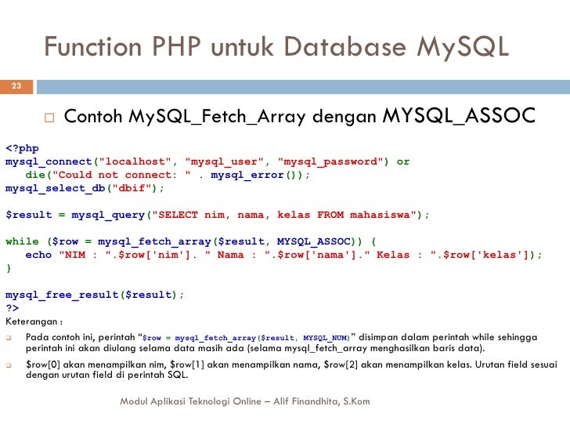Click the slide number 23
point(16,86)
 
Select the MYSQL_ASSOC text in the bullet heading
point(458,118)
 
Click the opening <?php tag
point(22,148)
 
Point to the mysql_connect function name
point(49,161)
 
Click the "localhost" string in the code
point(135,161)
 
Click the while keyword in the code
point(22,241)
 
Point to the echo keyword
point(38,255)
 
